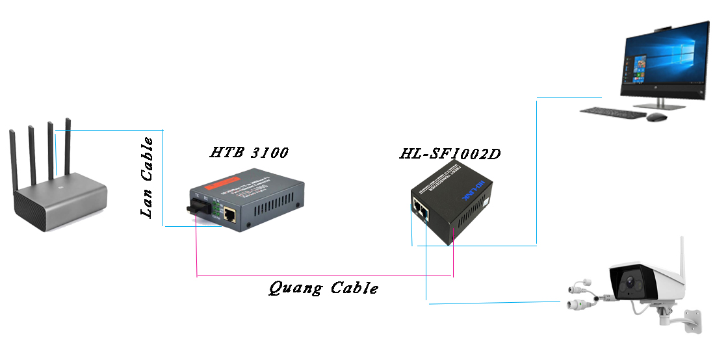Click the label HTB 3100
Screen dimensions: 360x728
tap(249, 153)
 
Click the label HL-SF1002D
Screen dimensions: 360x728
tap(450, 155)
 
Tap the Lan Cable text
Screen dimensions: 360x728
tap(148, 177)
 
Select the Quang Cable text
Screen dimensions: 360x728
tap(323, 288)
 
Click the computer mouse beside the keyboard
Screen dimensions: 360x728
tap(656, 117)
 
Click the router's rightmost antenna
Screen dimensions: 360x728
tap(68, 146)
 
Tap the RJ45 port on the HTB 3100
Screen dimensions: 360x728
tap(230, 213)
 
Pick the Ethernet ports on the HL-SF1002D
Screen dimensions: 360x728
tap(419, 209)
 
